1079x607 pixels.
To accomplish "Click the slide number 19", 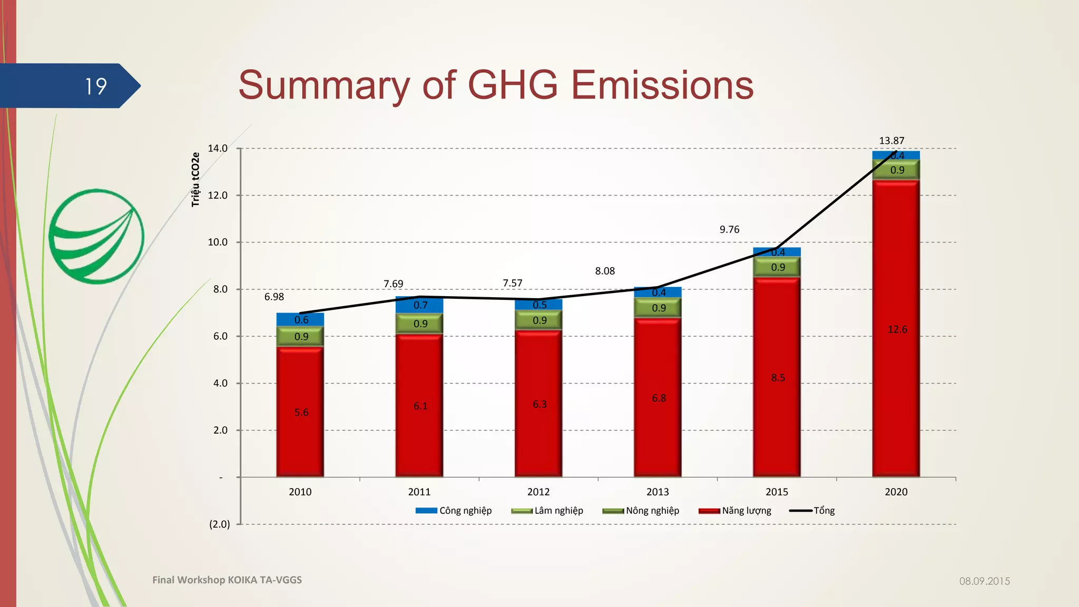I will coord(96,86).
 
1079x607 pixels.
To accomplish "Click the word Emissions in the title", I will coord(662,85).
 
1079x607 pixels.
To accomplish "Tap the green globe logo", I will coord(96,236).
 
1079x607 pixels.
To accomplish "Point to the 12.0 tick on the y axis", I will coord(218,195).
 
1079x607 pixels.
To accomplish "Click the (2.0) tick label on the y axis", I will coord(220,524).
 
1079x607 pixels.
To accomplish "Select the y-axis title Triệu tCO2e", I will coord(195,180).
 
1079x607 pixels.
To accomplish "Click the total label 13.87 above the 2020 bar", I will coord(891,141).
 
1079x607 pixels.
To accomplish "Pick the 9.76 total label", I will coord(729,229).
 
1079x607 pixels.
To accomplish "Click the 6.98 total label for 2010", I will coord(274,297).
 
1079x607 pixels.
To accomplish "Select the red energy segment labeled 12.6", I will coord(896,329).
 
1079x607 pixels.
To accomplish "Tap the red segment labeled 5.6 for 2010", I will coord(300,412).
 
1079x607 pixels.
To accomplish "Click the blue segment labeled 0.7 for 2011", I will coord(419,305).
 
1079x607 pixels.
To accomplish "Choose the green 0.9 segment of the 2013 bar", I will coord(658,308).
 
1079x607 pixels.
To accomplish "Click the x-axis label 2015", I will coord(777,492).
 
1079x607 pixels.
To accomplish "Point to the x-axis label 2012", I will coord(538,492).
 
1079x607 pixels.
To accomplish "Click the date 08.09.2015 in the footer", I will coord(984,581).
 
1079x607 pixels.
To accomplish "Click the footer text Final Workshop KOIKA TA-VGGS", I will coord(227,580).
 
